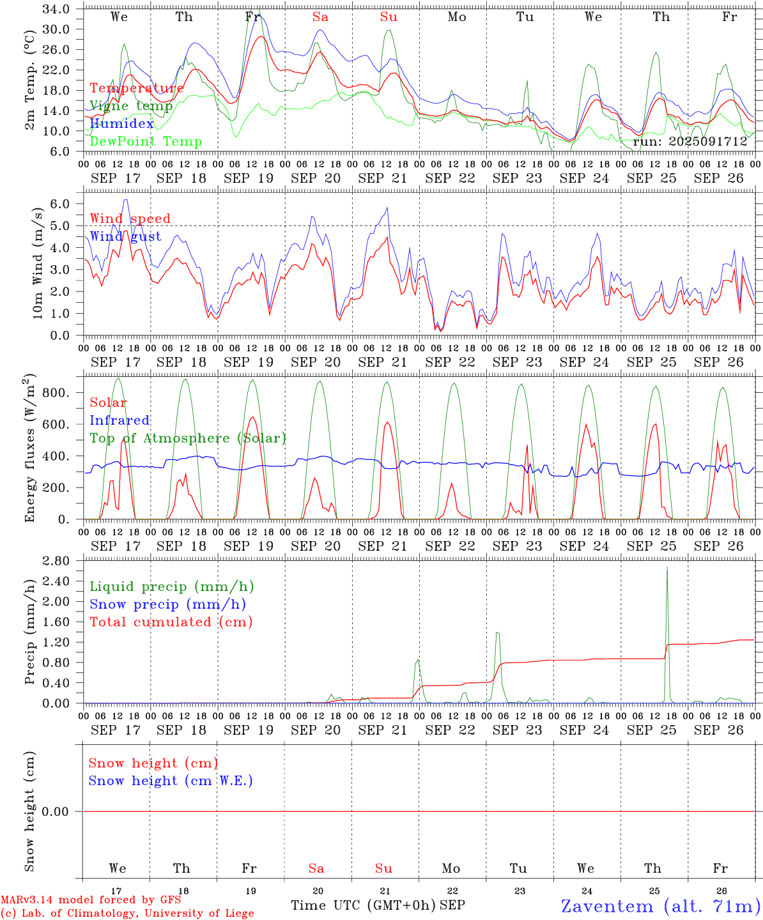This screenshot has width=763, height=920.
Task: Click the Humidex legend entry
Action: (121, 124)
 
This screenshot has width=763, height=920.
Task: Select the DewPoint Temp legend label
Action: (146, 142)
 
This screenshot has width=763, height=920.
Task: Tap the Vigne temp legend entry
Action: (131, 106)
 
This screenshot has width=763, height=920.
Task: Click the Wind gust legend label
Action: (125, 236)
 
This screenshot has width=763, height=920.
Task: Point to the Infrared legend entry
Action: (119, 420)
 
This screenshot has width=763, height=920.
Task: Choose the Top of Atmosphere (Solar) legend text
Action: (188, 438)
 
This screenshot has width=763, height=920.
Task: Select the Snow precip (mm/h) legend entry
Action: (167, 604)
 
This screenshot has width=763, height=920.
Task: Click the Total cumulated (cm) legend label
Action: (171, 622)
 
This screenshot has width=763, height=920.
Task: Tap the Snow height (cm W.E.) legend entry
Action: (171, 781)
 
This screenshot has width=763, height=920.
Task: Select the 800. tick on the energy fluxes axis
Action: (56, 392)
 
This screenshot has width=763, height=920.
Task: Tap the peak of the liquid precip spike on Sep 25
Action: (667, 567)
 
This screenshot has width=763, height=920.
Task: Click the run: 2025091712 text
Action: (690, 142)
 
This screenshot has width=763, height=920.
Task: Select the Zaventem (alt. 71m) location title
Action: (661, 906)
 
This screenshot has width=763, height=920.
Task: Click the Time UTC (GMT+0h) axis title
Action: (363, 905)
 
